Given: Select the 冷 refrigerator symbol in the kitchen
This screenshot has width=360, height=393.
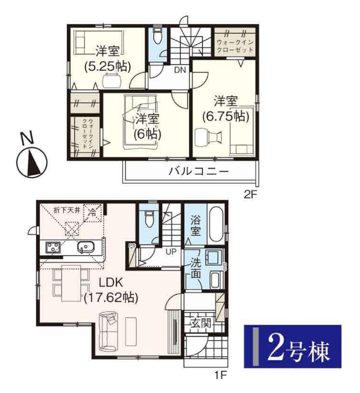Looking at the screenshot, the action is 93,213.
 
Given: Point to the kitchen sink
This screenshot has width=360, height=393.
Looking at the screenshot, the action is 86,247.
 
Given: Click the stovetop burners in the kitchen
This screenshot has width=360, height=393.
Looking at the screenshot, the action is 53,247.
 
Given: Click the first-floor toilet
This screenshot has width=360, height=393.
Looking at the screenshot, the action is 149,218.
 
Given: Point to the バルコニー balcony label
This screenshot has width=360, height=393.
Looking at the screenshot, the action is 199,172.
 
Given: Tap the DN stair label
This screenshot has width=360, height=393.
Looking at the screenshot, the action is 180,70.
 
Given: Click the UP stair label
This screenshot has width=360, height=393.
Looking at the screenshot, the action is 171,251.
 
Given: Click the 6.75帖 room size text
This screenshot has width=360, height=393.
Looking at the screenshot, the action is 226,116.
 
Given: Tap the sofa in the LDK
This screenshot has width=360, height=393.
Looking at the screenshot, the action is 108,331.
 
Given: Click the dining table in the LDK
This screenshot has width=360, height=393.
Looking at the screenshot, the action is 71,283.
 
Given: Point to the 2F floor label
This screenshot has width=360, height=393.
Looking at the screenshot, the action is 251,195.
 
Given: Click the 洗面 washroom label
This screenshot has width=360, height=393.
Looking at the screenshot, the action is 196,268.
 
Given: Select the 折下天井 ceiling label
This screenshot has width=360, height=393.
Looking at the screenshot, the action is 67,210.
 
